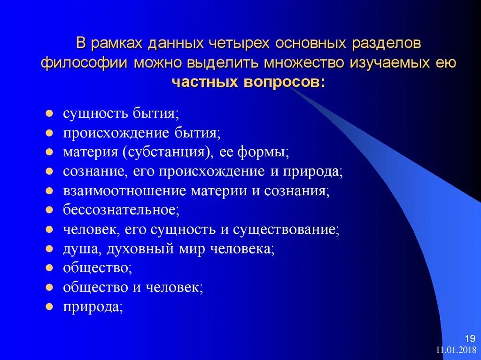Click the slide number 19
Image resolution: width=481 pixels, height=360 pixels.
[x=470, y=338]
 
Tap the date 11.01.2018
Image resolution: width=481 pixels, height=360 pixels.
[x=456, y=350]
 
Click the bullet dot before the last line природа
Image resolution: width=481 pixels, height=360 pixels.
[x=49, y=307]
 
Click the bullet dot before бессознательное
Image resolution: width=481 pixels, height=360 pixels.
[x=49, y=209]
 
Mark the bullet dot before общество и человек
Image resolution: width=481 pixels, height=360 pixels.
[x=49, y=287]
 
